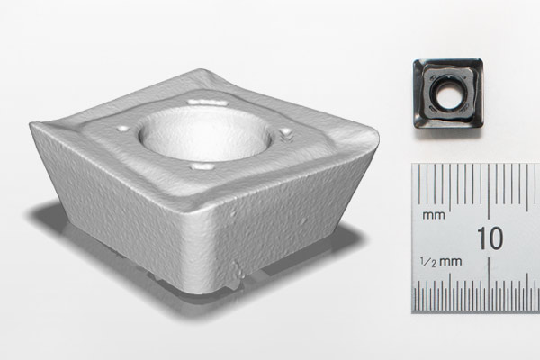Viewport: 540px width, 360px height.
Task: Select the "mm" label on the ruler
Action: (x=435, y=217)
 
